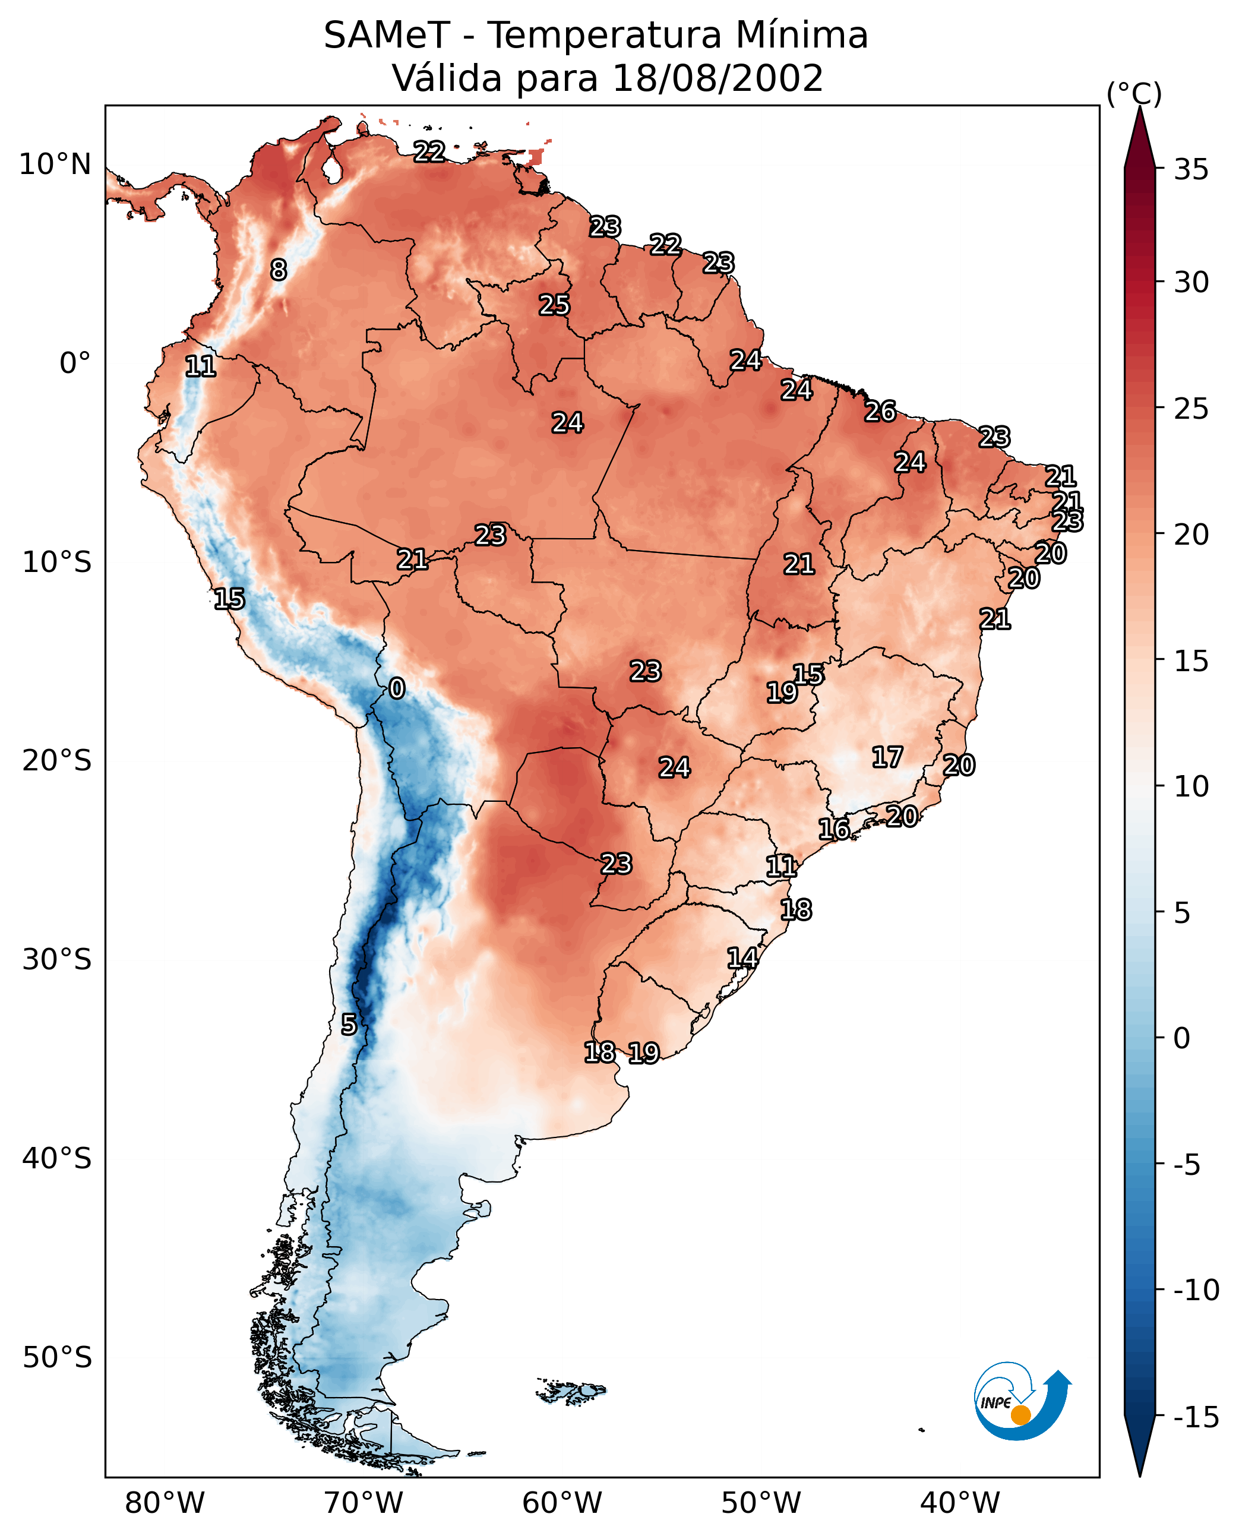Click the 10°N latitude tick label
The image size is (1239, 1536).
click(55, 165)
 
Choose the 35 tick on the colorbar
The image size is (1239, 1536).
click(1191, 170)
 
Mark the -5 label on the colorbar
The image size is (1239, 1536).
click(1187, 1165)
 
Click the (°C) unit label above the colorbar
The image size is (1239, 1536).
click(1134, 93)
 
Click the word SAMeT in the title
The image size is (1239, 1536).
click(387, 36)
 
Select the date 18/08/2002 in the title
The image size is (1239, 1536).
click(718, 78)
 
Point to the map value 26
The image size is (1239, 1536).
click(880, 411)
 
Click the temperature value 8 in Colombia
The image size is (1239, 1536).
click(279, 270)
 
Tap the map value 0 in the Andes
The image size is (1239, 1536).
click(397, 689)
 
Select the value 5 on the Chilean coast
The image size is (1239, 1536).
click(348, 1025)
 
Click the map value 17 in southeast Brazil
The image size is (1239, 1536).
click(887, 757)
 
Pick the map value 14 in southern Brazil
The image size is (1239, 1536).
click(742, 959)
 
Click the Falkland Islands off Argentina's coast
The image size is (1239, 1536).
click(571, 1391)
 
